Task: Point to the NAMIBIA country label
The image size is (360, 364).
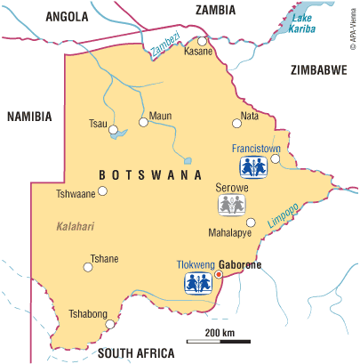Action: (28, 117)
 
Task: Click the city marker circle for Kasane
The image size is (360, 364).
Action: (203, 41)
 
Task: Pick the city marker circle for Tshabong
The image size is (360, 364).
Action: (109, 325)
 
